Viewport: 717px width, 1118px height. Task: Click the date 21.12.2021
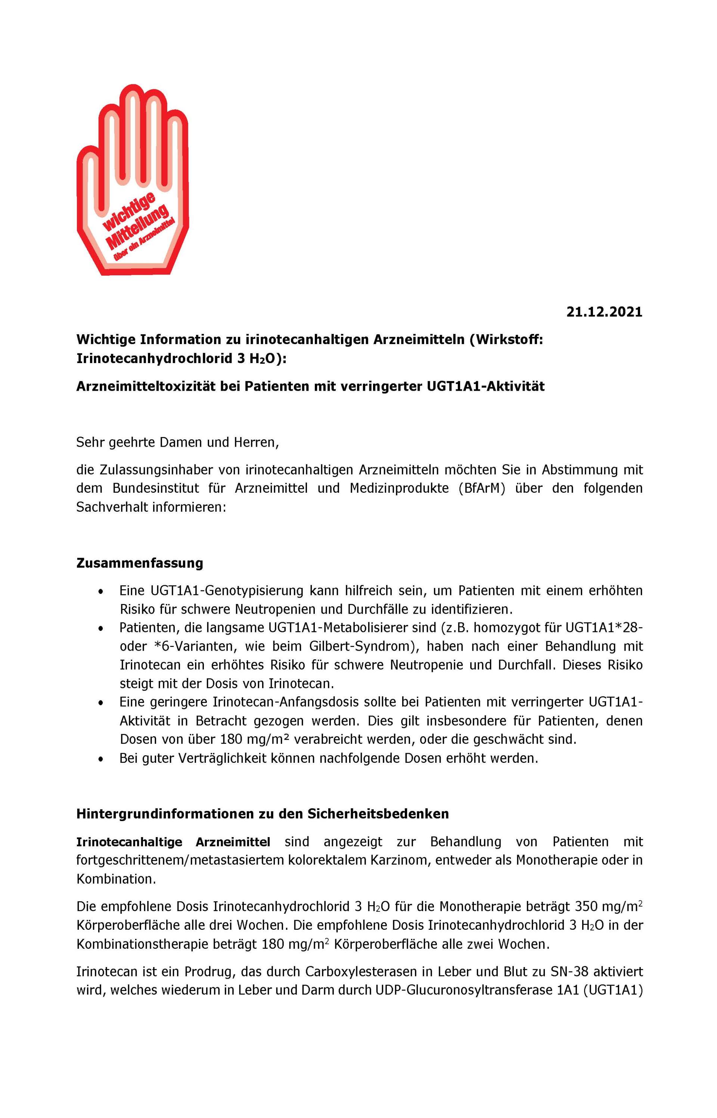point(604,312)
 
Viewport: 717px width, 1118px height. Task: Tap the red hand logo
point(132,182)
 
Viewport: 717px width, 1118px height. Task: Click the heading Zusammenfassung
point(140,563)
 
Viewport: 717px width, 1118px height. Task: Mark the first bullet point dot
point(100,592)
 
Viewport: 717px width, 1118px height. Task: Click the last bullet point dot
point(100,759)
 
